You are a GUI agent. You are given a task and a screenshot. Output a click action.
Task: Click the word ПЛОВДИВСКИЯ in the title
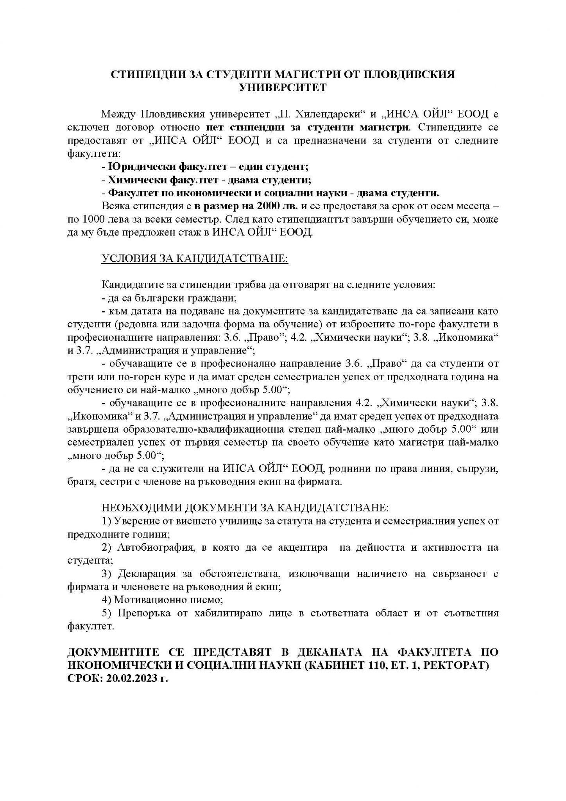[408, 74]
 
